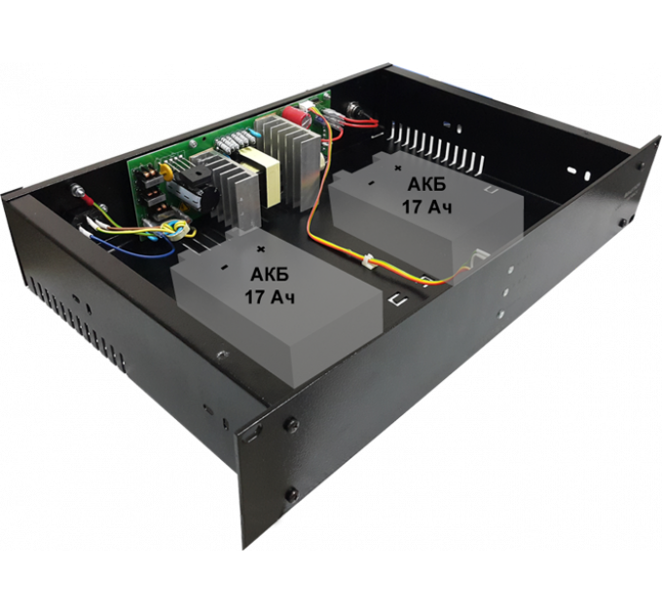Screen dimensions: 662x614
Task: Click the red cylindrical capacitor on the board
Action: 294,114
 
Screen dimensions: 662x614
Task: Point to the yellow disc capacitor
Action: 165,171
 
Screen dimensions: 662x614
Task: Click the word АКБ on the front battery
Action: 269,275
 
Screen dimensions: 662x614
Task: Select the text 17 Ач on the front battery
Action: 270,297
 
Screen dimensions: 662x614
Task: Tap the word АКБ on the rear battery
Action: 426,184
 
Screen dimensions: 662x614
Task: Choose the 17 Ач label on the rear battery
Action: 426,208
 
